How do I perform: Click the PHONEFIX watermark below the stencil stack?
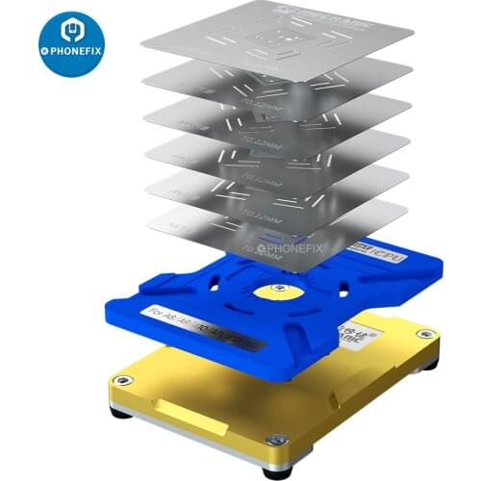[291, 247]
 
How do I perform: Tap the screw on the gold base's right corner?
[420, 334]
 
